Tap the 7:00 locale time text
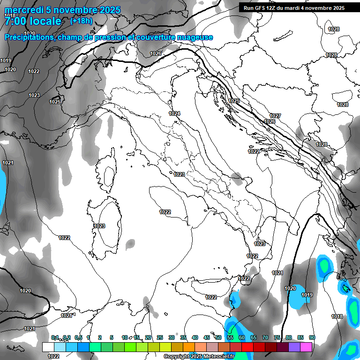click(32, 21)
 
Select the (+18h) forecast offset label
click(81, 21)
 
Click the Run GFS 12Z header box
click(292, 8)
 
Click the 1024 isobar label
click(174, 113)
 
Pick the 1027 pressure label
click(275, 116)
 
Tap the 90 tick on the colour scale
click(312, 337)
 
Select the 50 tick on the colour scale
click(218, 337)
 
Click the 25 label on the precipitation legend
click(160, 337)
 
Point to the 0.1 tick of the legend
click(55, 337)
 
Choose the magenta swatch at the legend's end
click(306, 347)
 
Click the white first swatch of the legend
click(48, 347)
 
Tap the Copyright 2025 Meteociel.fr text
click(199, 356)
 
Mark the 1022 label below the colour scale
click(54, 356)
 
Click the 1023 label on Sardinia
click(99, 226)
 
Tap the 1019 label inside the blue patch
click(307, 295)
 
